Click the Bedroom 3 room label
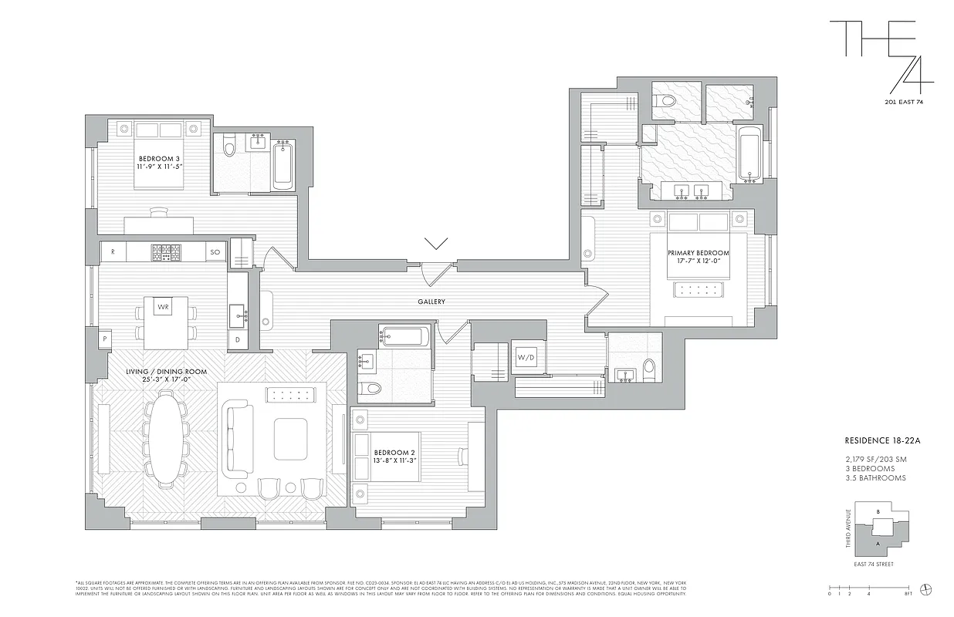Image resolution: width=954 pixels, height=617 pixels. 160,164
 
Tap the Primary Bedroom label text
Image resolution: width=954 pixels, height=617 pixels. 699,258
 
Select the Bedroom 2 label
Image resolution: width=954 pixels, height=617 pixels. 394,457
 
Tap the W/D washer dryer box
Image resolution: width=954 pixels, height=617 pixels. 526,357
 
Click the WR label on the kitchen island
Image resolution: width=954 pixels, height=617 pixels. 163,307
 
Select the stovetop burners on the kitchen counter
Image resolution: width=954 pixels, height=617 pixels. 165,251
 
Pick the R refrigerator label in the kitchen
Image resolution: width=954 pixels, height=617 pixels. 113,251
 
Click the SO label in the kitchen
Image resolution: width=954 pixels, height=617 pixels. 215,251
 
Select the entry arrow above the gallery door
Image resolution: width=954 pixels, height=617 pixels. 436,244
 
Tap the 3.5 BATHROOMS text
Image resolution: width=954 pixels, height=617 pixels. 875,478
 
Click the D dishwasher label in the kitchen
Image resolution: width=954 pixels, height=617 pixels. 237,339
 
